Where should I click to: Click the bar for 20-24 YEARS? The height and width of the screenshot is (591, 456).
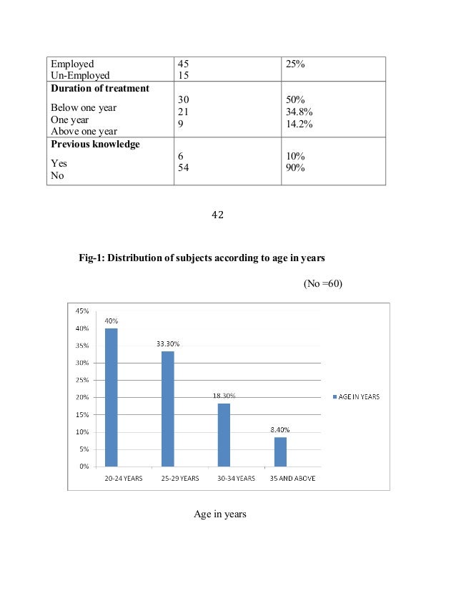point(111,397)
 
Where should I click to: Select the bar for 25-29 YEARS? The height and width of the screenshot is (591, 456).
point(167,409)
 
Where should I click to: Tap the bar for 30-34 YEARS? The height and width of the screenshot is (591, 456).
point(224,434)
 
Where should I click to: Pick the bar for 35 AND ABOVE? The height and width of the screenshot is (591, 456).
point(280,451)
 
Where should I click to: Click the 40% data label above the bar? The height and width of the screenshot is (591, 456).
point(111,321)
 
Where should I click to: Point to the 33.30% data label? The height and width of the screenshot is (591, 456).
point(168,344)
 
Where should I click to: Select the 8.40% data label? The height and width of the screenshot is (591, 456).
point(280,429)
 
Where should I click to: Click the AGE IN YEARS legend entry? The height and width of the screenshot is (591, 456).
point(356,398)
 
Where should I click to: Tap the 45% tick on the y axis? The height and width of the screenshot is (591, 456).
point(82,311)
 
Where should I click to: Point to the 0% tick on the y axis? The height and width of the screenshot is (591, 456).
point(84,467)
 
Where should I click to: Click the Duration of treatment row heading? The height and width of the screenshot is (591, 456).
point(99,89)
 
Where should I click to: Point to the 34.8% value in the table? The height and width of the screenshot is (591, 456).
point(298,112)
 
